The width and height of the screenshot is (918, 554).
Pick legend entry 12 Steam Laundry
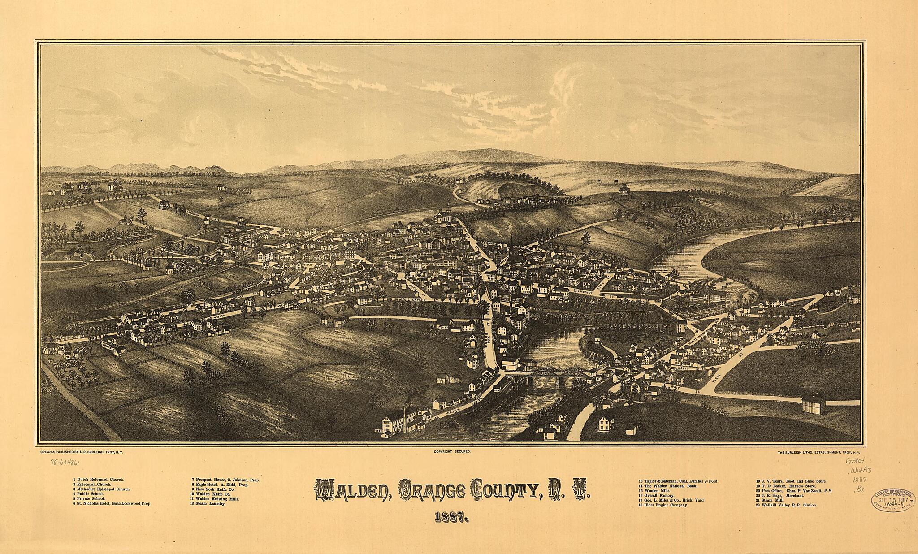click(208, 504)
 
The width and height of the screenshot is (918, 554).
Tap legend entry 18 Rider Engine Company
click(663, 505)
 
